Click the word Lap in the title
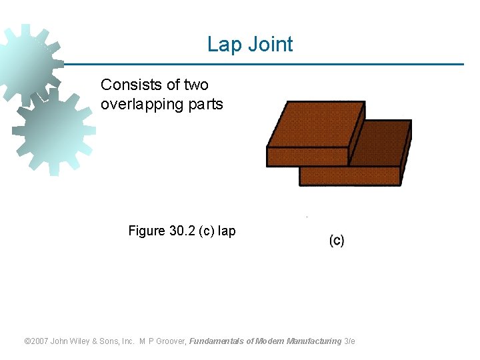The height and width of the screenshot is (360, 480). [x=221, y=45]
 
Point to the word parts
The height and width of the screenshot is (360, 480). [x=206, y=105]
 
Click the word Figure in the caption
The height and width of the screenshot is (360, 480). [x=147, y=231]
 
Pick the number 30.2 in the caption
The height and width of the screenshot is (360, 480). [x=183, y=231]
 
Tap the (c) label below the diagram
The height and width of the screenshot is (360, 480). [x=337, y=241]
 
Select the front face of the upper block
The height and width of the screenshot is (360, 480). [x=307, y=156]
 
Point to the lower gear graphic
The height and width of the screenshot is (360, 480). [x=53, y=130]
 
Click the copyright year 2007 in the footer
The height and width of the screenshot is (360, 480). [x=40, y=341]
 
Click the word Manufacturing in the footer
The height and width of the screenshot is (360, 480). [x=313, y=341]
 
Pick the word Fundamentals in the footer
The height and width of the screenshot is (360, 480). [x=217, y=341]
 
